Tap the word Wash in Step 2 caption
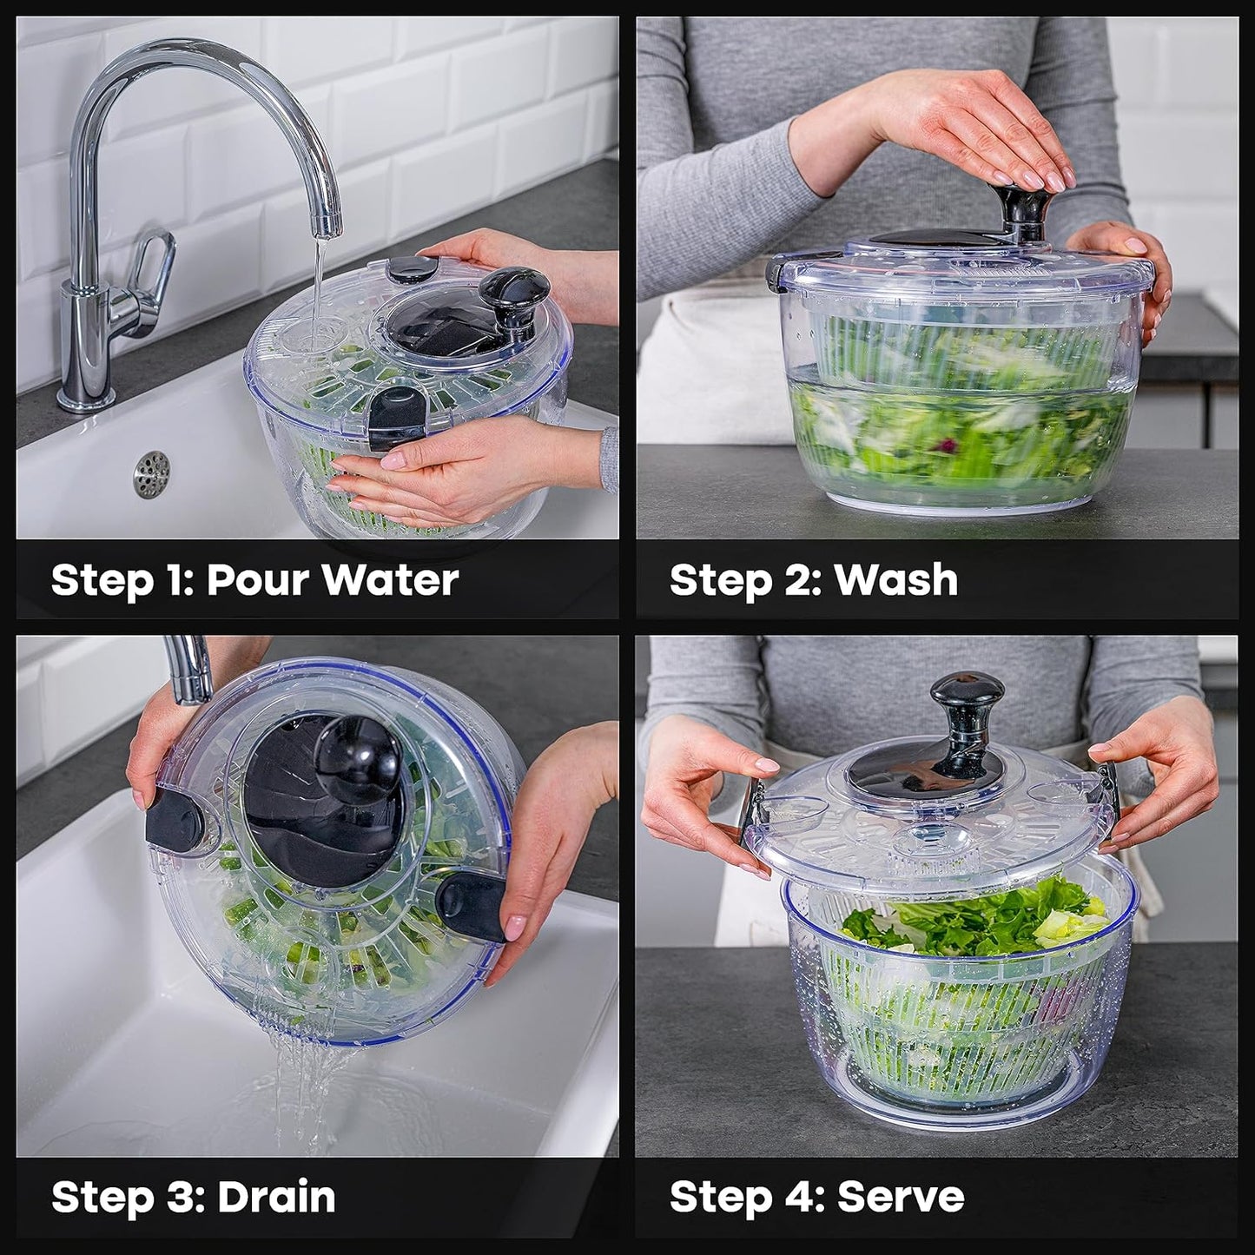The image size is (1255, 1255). click(x=895, y=580)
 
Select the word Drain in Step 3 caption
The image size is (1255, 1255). click(x=276, y=1198)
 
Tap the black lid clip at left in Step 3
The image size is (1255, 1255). click(x=175, y=821)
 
